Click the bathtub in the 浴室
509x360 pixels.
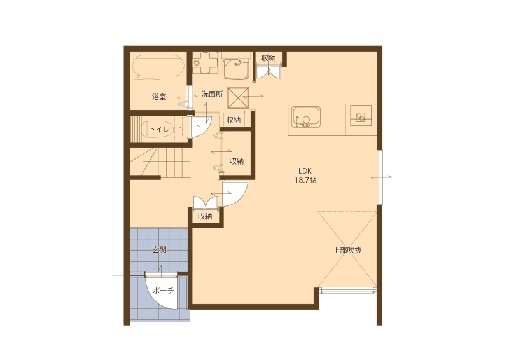(x=158, y=66)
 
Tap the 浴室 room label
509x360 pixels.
(x=159, y=97)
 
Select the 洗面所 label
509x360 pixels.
(x=212, y=94)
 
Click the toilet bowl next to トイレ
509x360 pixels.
(x=158, y=129)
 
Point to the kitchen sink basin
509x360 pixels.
(x=306, y=117)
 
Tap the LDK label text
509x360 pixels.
(x=305, y=171)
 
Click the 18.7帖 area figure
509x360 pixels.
(x=305, y=180)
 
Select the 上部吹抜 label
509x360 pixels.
(x=347, y=250)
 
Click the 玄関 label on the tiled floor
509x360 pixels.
(x=160, y=249)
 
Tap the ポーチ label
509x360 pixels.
(x=164, y=291)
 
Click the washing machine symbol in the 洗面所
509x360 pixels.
(x=204, y=62)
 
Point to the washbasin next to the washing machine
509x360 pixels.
(x=236, y=67)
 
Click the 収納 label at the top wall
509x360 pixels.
(x=268, y=58)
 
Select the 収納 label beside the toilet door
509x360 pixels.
(x=233, y=120)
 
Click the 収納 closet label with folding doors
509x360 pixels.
(x=237, y=161)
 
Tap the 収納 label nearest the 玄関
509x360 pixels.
(x=205, y=216)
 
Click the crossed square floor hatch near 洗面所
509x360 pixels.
(x=238, y=98)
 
